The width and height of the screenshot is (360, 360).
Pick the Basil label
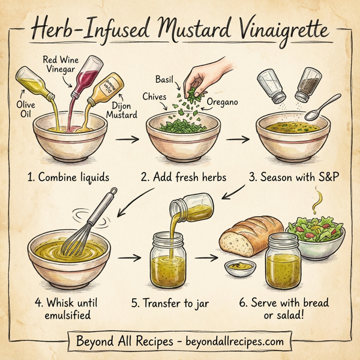(164, 79)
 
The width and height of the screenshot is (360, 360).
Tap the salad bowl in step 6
(316, 235)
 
